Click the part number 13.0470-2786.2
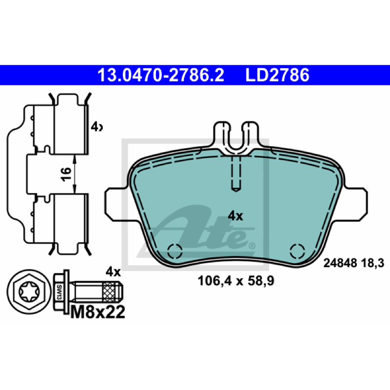coord(161,75)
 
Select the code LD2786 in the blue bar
coord(277,75)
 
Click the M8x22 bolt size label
coord(98,312)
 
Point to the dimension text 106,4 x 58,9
coord(236,281)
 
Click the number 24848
coord(340,263)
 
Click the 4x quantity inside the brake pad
coord(235,216)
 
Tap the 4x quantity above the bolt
coord(113,272)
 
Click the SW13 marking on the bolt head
coord(59,292)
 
